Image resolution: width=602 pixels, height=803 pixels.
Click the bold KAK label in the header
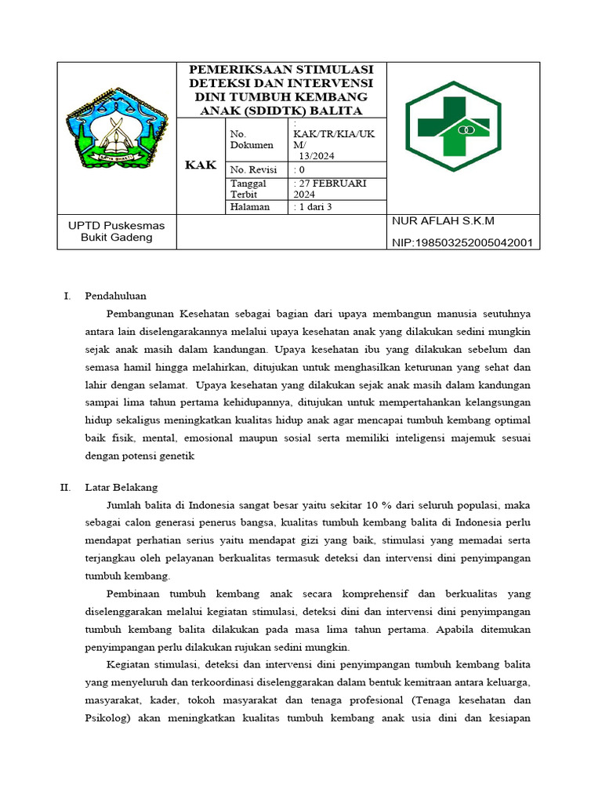pos(201,165)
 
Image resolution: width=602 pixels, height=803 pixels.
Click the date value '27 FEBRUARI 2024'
pos(328,188)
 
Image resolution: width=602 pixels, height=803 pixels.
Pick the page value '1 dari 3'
pos(314,207)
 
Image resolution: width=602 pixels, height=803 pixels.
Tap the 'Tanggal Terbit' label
pos(248,188)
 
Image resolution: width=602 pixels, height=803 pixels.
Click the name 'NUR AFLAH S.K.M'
pos(443,221)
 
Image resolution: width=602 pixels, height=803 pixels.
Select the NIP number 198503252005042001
pos(462,243)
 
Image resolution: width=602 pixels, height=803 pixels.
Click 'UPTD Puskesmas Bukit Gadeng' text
pos(116,231)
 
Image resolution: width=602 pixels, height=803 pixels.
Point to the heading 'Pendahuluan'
pos(115,296)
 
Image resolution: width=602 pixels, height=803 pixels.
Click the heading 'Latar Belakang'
pos(121,487)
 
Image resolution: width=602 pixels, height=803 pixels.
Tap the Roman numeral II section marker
pos(65,487)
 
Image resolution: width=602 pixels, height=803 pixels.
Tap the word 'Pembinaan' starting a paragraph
pos(133,594)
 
